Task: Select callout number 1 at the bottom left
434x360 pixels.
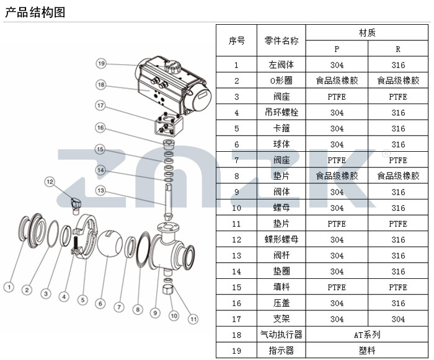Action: [x=9, y=286]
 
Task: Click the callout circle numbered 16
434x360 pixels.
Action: [x=100, y=127]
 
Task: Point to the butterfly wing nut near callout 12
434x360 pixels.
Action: [x=76, y=201]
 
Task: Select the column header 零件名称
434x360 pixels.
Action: [x=281, y=41]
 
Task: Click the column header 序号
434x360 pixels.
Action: [x=236, y=41]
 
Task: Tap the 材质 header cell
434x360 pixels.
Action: [x=367, y=33]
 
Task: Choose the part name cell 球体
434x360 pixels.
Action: [x=281, y=144]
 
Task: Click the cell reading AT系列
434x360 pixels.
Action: [x=367, y=335]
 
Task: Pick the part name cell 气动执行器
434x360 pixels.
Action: [x=281, y=335]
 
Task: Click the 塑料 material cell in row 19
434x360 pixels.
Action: [x=367, y=351]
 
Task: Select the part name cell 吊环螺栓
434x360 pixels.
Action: [x=281, y=113]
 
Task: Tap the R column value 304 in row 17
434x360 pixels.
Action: [x=398, y=319]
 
